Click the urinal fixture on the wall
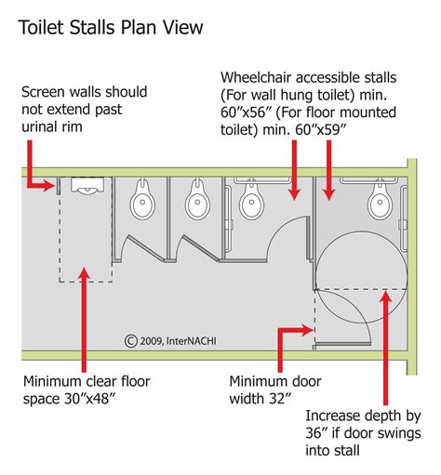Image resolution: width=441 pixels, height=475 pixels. click(85, 191)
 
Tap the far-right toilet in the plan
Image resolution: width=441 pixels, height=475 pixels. click(378, 197)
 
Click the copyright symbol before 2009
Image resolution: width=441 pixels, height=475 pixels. click(131, 341)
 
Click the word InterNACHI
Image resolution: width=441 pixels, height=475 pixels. click(195, 341)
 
